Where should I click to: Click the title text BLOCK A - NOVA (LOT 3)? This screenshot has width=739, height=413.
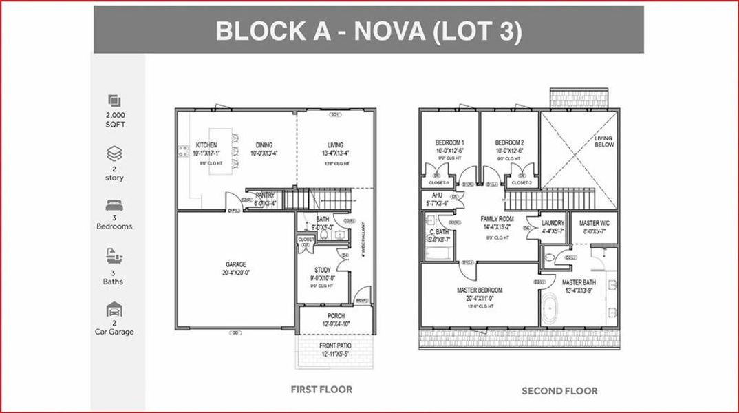[x=368, y=31]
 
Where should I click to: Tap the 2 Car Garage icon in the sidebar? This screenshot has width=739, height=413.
[x=114, y=310]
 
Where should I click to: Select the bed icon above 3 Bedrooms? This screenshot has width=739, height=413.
[x=114, y=206]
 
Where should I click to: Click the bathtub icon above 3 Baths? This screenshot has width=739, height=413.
[x=114, y=257]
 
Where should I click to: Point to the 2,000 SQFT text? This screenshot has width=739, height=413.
[x=115, y=120]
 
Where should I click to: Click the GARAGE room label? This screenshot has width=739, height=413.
[x=235, y=264]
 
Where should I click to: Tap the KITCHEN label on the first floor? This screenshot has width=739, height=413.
[x=206, y=145]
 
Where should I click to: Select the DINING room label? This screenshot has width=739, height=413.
[x=264, y=145]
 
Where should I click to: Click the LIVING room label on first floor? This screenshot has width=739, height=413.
[x=335, y=145]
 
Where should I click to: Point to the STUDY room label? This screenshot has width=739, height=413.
[x=322, y=271]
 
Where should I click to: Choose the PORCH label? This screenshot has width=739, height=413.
[x=336, y=316]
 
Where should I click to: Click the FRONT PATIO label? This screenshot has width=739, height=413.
[x=336, y=346]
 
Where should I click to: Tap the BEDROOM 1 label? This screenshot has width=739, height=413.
[x=449, y=142]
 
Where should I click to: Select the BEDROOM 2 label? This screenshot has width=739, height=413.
[x=510, y=142]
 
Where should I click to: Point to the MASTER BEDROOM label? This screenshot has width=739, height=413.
[x=480, y=290]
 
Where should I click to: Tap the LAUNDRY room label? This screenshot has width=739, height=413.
[x=553, y=223]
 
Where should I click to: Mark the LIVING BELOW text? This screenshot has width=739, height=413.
[x=603, y=142]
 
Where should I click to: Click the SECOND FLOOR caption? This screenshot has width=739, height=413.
[x=559, y=391]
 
